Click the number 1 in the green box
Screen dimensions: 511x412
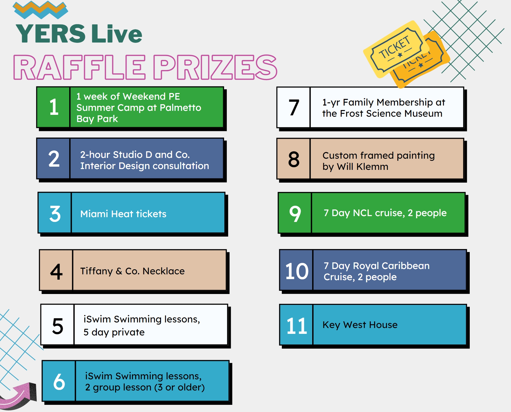[x=54, y=107]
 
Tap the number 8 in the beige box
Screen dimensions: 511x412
[x=294, y=159]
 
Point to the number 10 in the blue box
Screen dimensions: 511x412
[x=297, y=271]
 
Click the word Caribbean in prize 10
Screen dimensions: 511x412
[x=406, y=266]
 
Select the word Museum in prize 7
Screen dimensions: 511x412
[x=423, y=113]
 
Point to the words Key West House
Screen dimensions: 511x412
[x=360, y=325]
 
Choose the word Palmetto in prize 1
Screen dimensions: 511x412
[x=180, y=108]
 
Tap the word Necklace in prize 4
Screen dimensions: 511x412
[x=164, y=271]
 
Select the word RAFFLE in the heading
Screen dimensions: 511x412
[x=80, y=67]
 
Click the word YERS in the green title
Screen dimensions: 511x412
[x=51, y=33]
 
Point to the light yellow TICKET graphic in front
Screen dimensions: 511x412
[x=396, y=49]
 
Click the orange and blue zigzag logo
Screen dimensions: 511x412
[x=40, y=10]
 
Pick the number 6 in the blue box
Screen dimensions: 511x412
[x=59, y=381]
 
